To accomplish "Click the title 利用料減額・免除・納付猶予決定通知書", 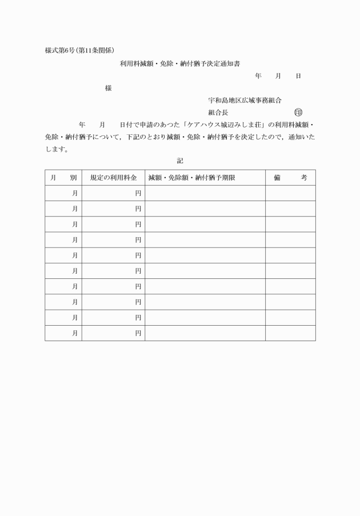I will point(179,63).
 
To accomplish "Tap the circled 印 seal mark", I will point(298,113).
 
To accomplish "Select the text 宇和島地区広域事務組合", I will point(245,101).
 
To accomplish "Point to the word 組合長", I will point(218,113).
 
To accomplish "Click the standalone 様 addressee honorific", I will point(108,88).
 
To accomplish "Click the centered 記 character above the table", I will point(180,161).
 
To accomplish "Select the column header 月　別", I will point(63,178).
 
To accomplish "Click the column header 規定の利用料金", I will point(113,178).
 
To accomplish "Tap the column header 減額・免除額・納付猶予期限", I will point(192,178).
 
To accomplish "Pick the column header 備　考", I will point(290,178).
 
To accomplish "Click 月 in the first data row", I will point(75,193).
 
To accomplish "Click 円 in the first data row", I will point(138,193).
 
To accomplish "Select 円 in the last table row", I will point(138,333).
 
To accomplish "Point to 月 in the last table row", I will point(75,333).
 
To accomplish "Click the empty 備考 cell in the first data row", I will point(290,193).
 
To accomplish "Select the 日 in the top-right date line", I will point(298,76).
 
